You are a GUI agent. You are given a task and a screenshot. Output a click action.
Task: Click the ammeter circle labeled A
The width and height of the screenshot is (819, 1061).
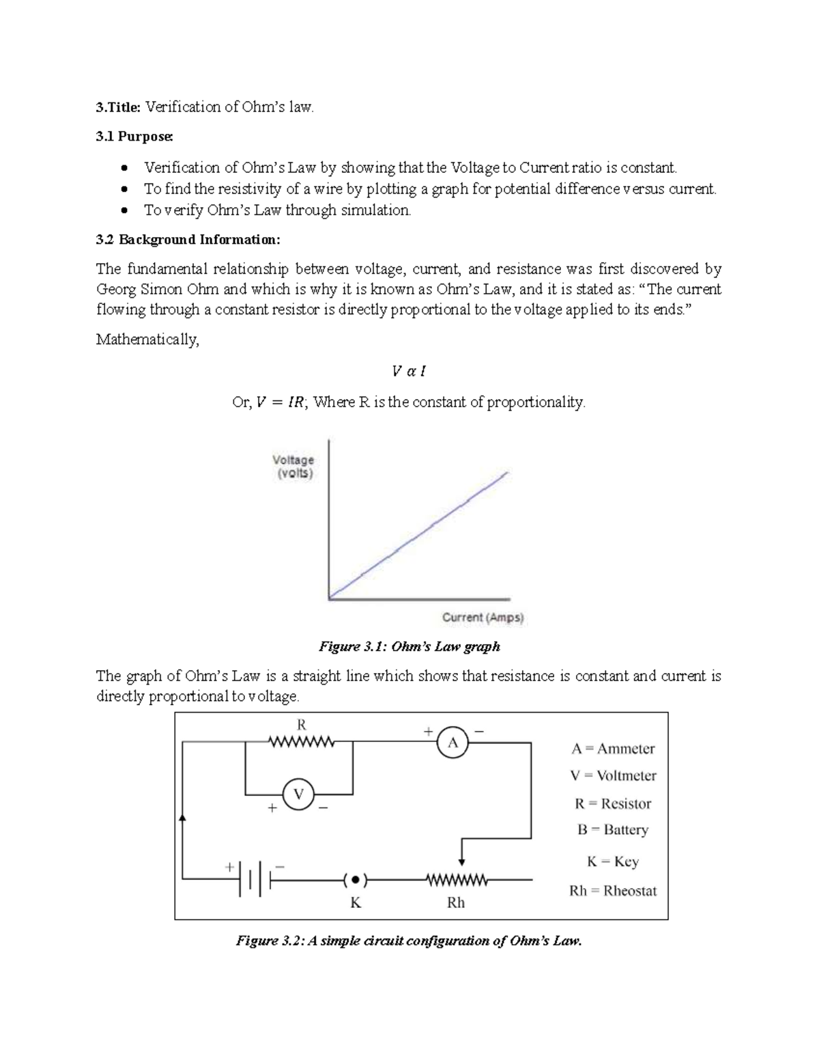(452, 743)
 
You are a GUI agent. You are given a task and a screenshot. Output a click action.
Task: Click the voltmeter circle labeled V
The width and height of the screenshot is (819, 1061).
(298, 795)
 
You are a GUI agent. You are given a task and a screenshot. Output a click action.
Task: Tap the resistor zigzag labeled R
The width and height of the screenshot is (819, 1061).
(301, 742)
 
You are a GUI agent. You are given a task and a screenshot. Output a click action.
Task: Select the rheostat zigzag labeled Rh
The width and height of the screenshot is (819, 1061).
(456, 881)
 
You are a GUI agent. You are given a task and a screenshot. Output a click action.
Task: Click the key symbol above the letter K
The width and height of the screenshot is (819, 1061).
(355, 881)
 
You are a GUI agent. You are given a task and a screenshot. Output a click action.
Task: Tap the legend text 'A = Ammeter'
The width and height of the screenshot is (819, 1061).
(613, 749)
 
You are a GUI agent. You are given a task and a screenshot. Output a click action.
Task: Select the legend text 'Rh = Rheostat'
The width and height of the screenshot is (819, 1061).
(613, 891)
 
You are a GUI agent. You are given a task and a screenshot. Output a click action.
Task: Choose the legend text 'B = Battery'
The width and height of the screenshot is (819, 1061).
(612, 830)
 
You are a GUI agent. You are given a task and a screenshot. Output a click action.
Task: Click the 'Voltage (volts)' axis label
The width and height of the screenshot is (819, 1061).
(293, 467)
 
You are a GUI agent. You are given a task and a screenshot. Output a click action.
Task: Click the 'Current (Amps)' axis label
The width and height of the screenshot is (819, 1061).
(483, 618)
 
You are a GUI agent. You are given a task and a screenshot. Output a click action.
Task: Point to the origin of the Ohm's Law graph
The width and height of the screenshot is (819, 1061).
(330, 599)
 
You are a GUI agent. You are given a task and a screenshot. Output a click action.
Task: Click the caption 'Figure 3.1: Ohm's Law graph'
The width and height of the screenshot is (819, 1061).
(409, 646)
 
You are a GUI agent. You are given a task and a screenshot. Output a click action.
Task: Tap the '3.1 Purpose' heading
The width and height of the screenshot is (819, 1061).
(134, 137)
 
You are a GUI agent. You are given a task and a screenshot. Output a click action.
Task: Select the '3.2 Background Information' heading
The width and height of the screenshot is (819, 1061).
(188, 240)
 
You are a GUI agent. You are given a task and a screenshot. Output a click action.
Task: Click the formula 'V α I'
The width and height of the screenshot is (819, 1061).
(409, 371)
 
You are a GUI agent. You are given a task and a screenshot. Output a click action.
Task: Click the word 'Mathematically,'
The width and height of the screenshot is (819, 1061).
(147, 340)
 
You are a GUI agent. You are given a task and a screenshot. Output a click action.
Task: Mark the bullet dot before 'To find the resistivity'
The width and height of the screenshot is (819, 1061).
(124, 189)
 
